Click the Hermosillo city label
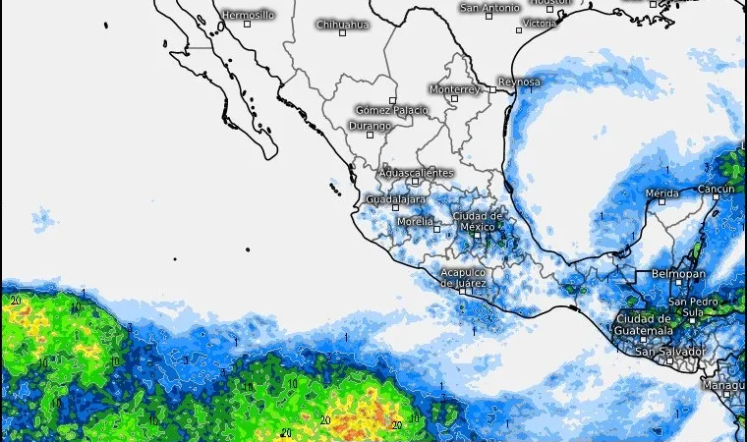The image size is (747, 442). [x=248, y=15]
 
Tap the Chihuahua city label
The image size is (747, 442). [x=342, y=25]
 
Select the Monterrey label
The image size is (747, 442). [x=455, y=89]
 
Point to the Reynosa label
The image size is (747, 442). [x=519, y=82]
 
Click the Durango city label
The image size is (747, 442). [x=370, y=126]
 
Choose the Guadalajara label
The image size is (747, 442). [x=395, y=199]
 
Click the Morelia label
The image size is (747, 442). [x=415, y=221]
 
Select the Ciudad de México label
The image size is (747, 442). [x=478, y=221]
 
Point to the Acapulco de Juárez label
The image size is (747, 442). [x=463, y=277]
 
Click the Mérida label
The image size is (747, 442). [x=662, y=193]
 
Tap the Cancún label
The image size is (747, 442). [x=716, y=189]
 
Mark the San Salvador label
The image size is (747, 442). [x=670, y=351]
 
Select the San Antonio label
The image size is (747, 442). [x=489, y=8]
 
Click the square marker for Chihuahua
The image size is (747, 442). [x=342, y=33]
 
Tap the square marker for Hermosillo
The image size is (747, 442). [x=248, y=24]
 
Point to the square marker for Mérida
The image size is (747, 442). [x=662, y=202]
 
